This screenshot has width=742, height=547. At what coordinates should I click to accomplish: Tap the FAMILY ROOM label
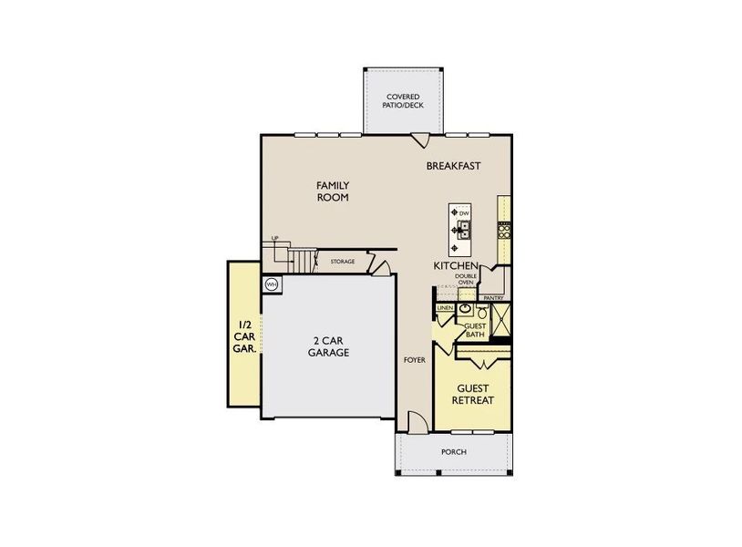click(x=333, y=191)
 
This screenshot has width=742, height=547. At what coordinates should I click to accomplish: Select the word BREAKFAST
click(x=454, y=166)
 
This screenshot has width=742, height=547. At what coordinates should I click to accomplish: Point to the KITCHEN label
click(x=455, y=265)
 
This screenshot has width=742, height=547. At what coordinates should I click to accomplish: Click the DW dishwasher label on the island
click(x=463, y=213)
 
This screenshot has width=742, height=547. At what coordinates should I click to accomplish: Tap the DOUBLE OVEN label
click(x=466, y=280)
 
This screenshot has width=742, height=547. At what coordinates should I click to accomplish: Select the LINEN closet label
click(x=445, y=309)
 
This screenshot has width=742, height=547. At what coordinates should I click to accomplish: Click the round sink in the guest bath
click(x=464, y=310)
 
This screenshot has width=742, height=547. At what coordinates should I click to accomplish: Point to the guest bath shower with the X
click(x=500, y=320)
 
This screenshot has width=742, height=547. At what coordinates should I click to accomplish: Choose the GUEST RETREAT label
click(x=474, y=394)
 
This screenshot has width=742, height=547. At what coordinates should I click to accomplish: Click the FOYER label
click(x=415, y=360)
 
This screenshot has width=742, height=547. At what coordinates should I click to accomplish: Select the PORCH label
click(x=453, y=452)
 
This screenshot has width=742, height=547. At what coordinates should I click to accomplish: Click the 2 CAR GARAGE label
click(x=328, y=346)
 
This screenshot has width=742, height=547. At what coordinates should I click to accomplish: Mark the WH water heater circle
click(x=271, y=285)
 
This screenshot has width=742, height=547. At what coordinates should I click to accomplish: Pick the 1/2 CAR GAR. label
click(x=244, y=335)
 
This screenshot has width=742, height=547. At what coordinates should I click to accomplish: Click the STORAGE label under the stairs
click(x=343, y=262)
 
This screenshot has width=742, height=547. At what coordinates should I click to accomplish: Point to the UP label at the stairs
click(x=273, y=239)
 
